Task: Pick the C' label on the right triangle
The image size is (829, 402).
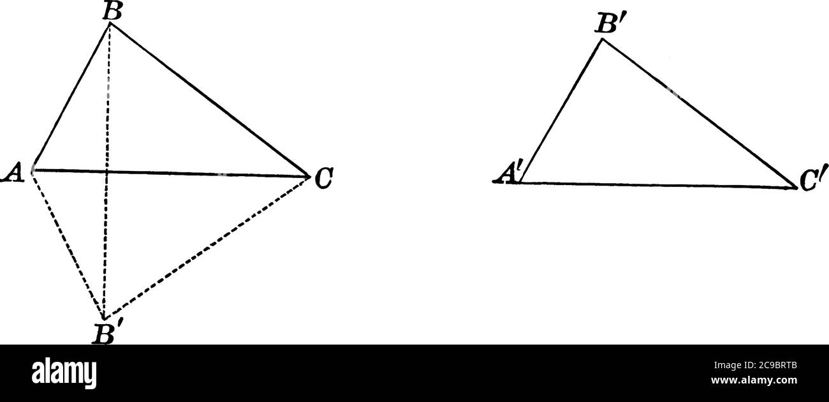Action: click(x=807, y=182)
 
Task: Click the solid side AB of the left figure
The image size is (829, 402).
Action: click(x=71, y=96)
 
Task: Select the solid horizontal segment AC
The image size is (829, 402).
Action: click(x=191, y=174)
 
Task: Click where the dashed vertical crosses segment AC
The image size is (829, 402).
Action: click(x=106, y=172)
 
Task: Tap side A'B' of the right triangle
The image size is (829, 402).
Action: click(x=561, y=111)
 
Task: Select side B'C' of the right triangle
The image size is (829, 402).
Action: click(x=698, y=113)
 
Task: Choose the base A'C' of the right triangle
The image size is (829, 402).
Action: click(x=657, y=185)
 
